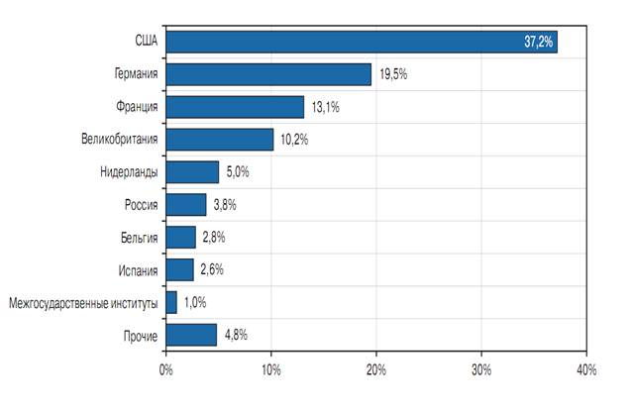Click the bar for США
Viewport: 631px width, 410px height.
pyautogui.click(x=362, y=42)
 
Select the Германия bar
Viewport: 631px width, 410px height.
pyautogui.click(x=268, y=74)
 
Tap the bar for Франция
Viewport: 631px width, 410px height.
pyautogui.click(x=235, y=107)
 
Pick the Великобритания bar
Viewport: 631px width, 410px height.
pyautogui.click(x=220, y=140)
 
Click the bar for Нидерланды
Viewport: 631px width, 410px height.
pyautogui.click(x=192, y=172)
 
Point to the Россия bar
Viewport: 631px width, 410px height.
pyautogui.click(x=186, y=205)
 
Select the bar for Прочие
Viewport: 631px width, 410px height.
pyautogui.click(x=191, y=335)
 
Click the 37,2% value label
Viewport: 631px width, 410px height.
pyautogui.click(x=538, y=42)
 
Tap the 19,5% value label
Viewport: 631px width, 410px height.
pyautogui.click(x=392, y=74)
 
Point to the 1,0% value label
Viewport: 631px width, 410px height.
pyautogui.click(x=195, y=302)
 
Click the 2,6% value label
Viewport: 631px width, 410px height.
pyautogui.click(x=212, y=269)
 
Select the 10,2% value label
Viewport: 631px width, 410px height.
pyautogui.click(x=294, y=140)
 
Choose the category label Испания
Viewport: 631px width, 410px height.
pyautogui.click(x=137, y=269)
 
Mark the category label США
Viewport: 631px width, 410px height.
pyautogui.click(x=146, y=42)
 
